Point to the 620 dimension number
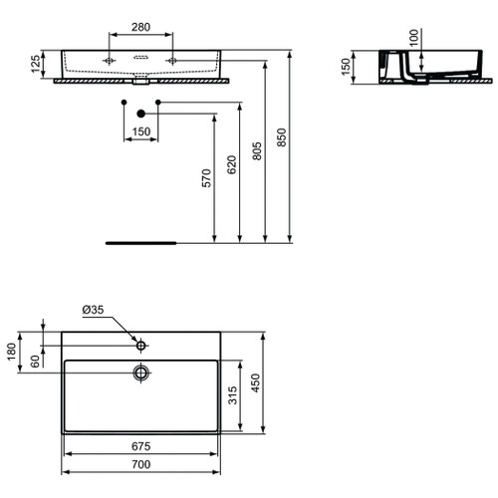pyautogui.click(x=232, y=164)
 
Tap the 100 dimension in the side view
pyautogui.click(x=413, y=38)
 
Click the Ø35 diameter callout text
pyautogui.click(x=93, y=311)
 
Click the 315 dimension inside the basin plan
pyautogui.click(x=232, y=399)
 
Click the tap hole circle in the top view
pyautogui.click(x=140, y=346)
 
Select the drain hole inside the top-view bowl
pyautogui.click(x=140, y=373)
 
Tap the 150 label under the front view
pyautogui.click(x=140, y=132)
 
